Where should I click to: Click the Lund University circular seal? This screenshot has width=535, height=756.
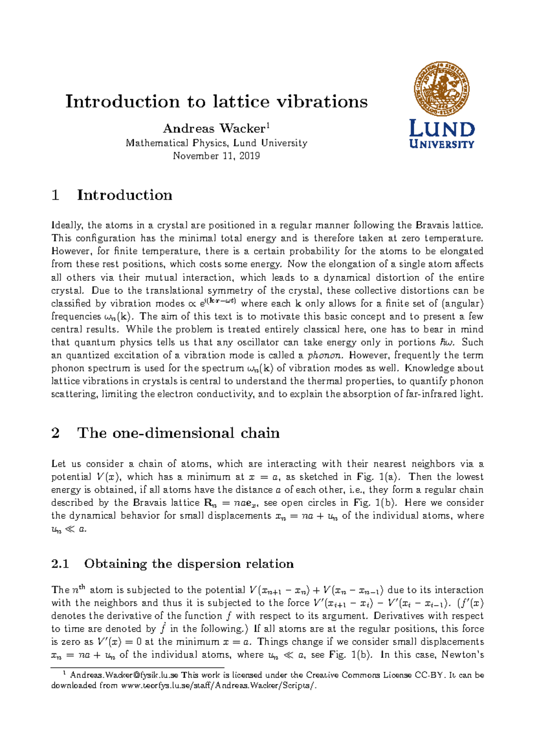441,89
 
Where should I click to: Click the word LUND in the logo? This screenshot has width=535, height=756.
441,129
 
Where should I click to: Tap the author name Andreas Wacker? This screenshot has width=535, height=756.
214,129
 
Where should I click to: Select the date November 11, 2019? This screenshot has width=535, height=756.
216,156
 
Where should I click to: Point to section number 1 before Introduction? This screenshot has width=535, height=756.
56,195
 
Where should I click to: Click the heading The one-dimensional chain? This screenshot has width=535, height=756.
178,433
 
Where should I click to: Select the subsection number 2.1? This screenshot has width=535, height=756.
60,564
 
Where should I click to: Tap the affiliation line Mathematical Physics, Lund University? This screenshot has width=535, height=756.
216,143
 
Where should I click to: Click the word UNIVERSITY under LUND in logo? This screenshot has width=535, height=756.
441,144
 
